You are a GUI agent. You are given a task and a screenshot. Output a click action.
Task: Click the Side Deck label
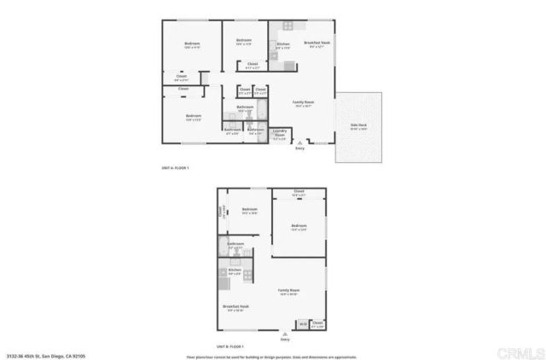tap(358, 128)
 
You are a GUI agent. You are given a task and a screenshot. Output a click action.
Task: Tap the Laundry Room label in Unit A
tap(279, 132)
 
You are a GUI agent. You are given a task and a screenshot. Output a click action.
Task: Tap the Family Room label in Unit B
tap(289, 291)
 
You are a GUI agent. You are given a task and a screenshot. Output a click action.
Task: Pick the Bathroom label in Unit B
tap(235, 245)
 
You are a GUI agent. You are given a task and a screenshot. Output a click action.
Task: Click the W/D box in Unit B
tap(303, 324)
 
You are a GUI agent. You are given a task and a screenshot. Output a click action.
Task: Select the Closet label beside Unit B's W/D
tap(317, 323)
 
